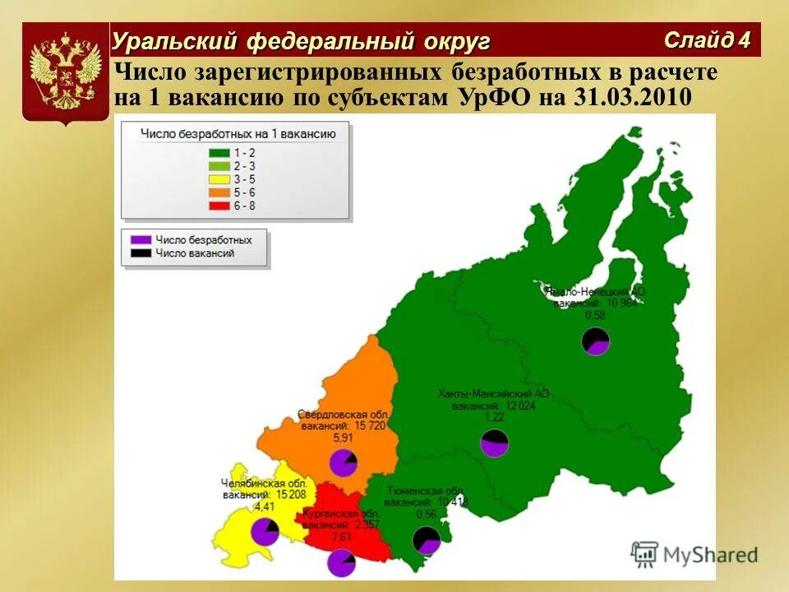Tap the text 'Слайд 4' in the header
[x=708, y=39]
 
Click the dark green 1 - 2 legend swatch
[x=219, y=152]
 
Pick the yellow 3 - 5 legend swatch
[x=219, y=178]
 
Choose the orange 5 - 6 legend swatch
[x=219, y=192]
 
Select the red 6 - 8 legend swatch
[x=219, y=205]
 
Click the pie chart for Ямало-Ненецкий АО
[x=596, y=340]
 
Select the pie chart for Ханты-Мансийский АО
[x=494, y=443]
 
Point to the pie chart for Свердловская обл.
[x=343, y=464]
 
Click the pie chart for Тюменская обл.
[x=427, y=540]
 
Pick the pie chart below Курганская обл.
[x=341, y=563]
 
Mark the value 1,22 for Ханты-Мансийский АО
[x=494, y=417]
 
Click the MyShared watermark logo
[x=694, y=555]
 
